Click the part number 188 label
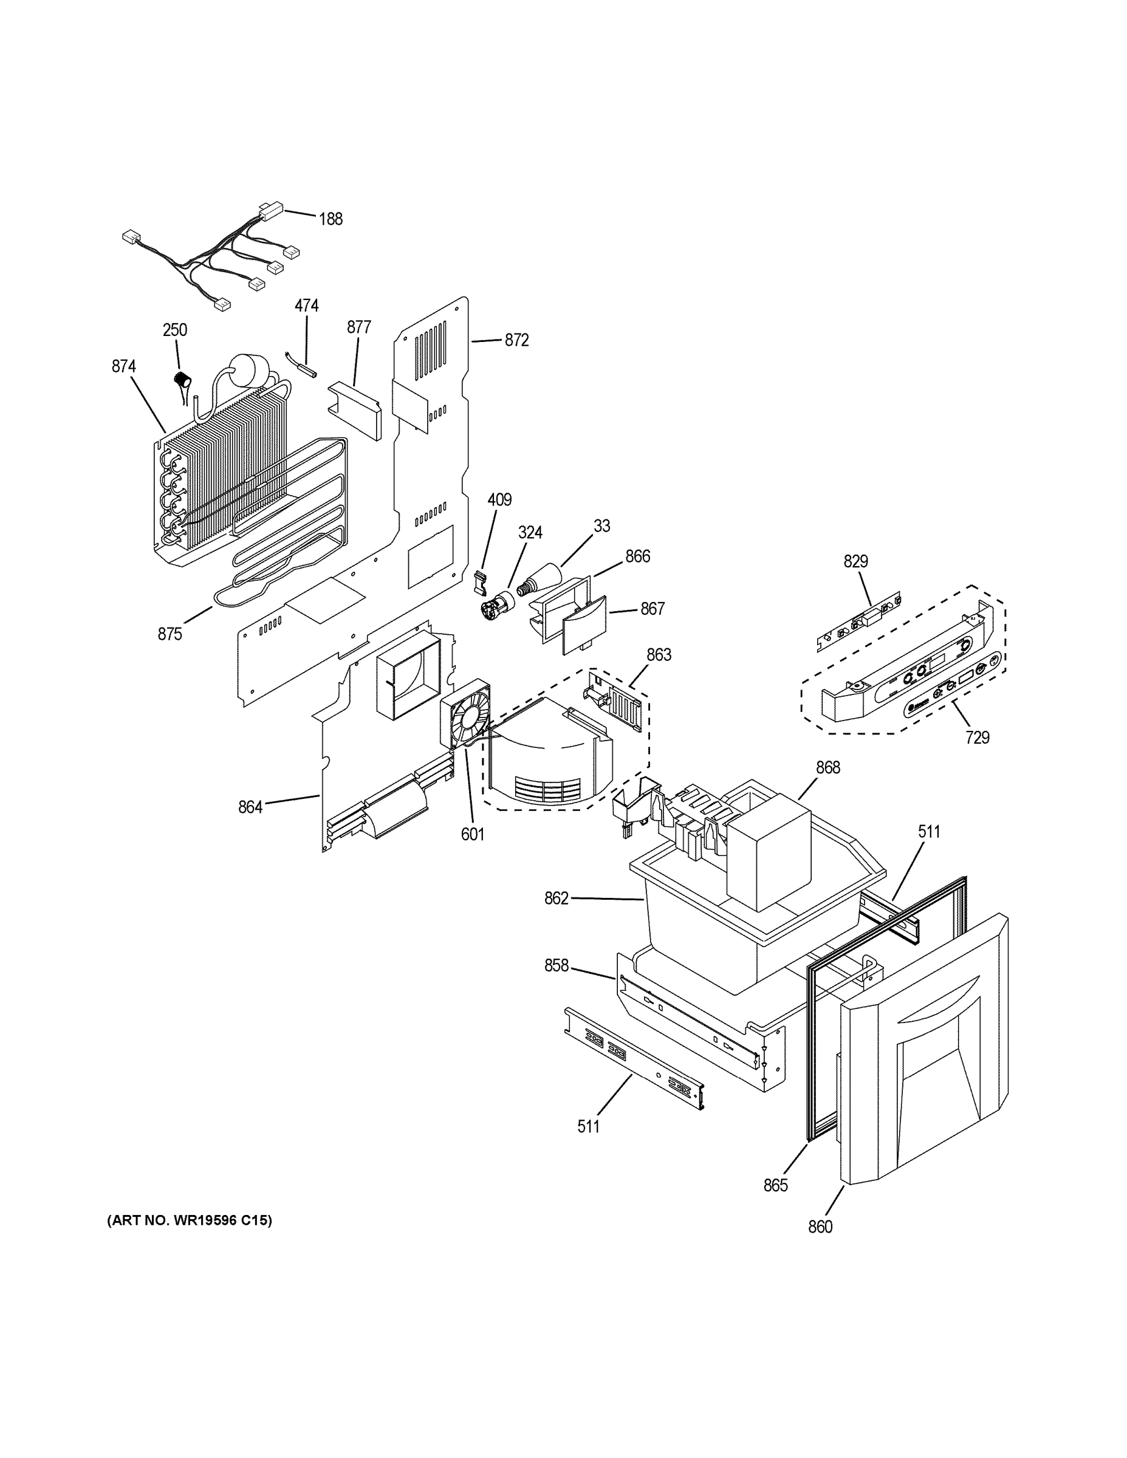pyautogui.click(x=331, y=219)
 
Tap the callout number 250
pyautogui.click(x=175, y=330)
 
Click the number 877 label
pyautogui.click(x=358, y=327)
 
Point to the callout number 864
pyautogui.click(x=250, y=807)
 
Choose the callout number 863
pyautogui.click(x=659, y=655)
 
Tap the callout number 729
pyautogui.click(x=977, y=738)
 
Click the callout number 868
pyautogui.click(x=828, y=768)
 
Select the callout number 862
pyautogui.click(x=556, y=898)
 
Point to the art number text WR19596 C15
pyautogui.click(x=190, y=1220)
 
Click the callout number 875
pyautogui.click(x=170, y=634)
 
